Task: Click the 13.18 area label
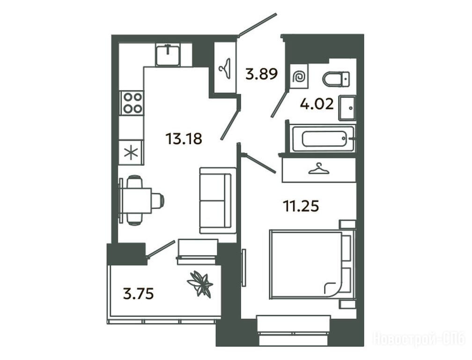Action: pos(184,139)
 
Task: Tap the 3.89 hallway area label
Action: pos(261,74)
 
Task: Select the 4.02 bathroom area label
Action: pos(317,104)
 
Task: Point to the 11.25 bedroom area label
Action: pos(301,206)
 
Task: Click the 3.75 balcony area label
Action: pos(139,294)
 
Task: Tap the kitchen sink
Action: pos(168,54)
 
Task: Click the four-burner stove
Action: pos(132,103)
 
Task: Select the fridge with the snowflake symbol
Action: pos(131,152)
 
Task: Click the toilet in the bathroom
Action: pos(336,79)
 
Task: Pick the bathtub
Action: pos(323,139)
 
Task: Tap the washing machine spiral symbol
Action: pos(300,77)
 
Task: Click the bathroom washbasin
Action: pos(347,108)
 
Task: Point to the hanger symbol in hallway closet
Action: pos(225,69)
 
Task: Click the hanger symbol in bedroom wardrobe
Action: pos(319,169)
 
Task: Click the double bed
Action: pos(313,265)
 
